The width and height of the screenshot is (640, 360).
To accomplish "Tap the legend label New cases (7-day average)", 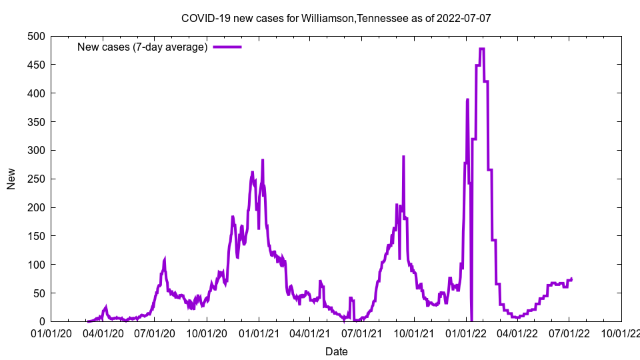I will tap(142, 47).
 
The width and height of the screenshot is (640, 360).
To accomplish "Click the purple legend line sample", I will tap(227, 47).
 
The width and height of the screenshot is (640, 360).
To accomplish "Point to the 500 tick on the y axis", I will tap(37, 36).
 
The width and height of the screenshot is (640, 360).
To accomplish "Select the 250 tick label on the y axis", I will tap(37, 179).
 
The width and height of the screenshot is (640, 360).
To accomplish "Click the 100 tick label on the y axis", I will tap(37, 265).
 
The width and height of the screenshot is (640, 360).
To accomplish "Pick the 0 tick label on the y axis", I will tap(43, 322).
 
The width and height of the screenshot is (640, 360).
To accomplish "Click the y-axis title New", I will tap(11, 179).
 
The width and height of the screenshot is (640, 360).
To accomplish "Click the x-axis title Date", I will tap(336, 351).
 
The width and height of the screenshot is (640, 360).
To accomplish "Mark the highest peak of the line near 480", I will tap(481, 49).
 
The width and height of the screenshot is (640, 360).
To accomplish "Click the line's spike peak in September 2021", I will tap(403, 157).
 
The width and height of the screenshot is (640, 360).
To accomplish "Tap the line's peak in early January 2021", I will tap(263, 160).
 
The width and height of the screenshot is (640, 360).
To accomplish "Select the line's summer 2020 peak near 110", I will tap(165, 259).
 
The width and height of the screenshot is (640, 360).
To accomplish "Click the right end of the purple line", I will tap(571, 279).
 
